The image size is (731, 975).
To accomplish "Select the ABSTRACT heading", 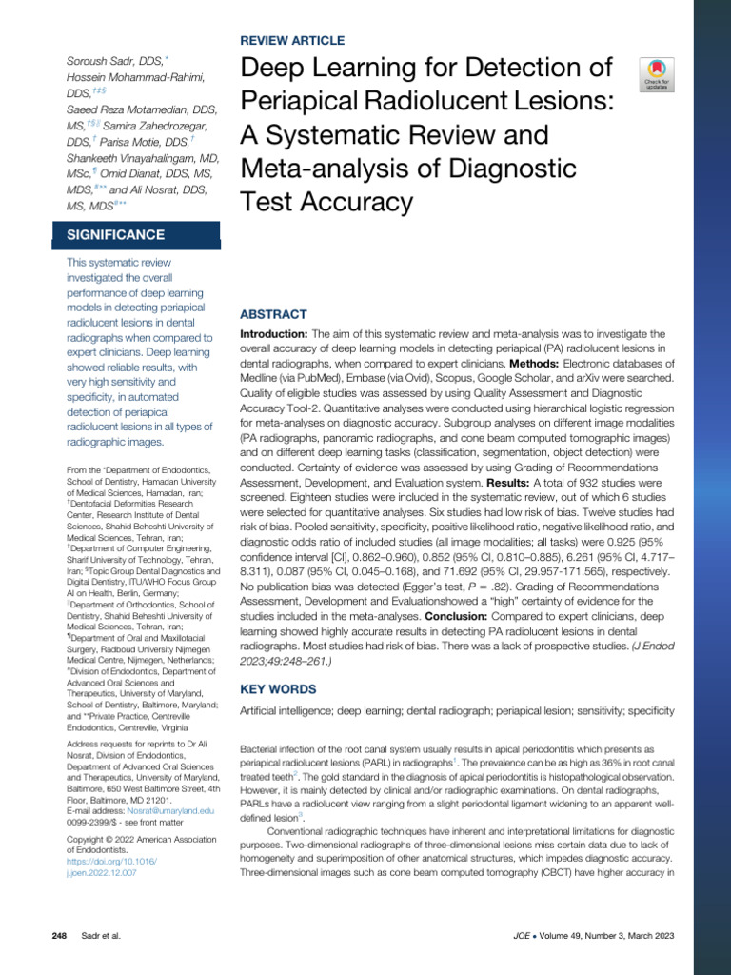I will click(273, 314).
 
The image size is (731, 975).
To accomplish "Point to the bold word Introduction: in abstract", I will click(273, 335).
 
